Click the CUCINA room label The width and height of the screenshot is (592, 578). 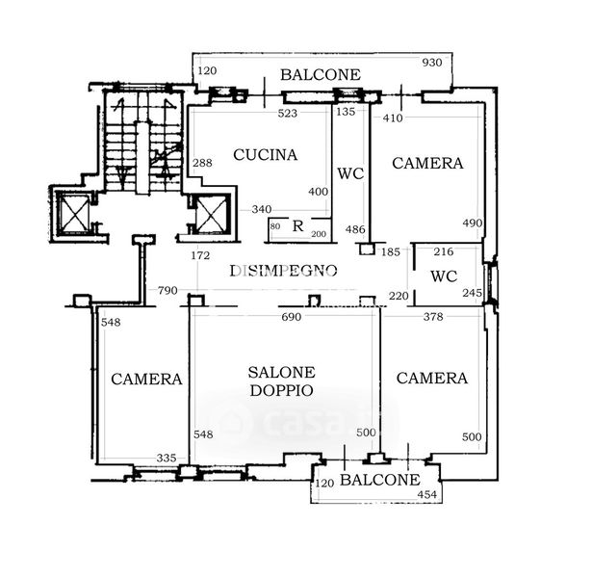pos(266,154)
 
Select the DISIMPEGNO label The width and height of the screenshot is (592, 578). pos(283,271)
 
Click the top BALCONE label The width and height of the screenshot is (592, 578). pos(321,74)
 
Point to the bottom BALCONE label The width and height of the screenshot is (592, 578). pos(380,480)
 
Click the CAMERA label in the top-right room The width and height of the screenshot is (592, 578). pos(427,164)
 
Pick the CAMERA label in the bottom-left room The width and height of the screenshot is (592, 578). pos(146,379)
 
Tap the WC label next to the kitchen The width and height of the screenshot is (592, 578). pos(349,173)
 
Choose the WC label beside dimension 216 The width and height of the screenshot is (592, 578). pos(444,276)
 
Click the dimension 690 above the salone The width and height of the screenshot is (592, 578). pos(291,316)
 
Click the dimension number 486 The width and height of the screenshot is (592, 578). pos(355,229)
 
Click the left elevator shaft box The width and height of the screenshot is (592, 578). pos(74,214)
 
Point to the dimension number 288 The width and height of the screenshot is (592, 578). pos(201,163)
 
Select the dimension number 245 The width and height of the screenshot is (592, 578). pos(471,293)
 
